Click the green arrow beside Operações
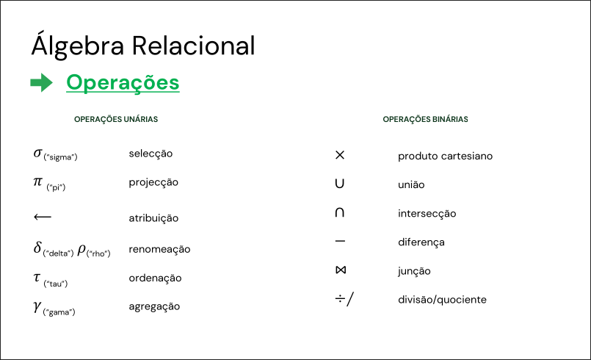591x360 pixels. [x=41, y=82]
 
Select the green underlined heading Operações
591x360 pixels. [x=123, y=83]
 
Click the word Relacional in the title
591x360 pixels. [x=193, y=46]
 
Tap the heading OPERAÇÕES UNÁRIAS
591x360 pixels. [x=116, y=119]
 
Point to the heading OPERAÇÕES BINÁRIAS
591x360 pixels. [x=425, y=119]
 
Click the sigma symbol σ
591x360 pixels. [x=37, y=154]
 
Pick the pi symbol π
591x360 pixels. [x=37, y=182]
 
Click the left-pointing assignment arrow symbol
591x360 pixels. [x=43, y=217]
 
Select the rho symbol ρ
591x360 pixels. [x=81, y=250]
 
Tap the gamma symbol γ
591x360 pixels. [x=37, y=306]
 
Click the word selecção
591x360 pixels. [x=151, y=154]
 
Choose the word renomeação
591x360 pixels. [x=159, y=250]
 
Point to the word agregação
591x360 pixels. [x=154, y=306]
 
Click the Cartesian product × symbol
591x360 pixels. [x=340, y=155]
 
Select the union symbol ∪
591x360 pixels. [x=340, y=184]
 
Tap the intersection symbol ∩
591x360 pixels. [x=340, y=212]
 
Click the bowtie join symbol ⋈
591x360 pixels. [x=341, y=270]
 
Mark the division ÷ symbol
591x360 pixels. [x=340, y=299]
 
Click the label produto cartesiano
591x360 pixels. [x=445, y=156]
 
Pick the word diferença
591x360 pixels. [x=421, y=242]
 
